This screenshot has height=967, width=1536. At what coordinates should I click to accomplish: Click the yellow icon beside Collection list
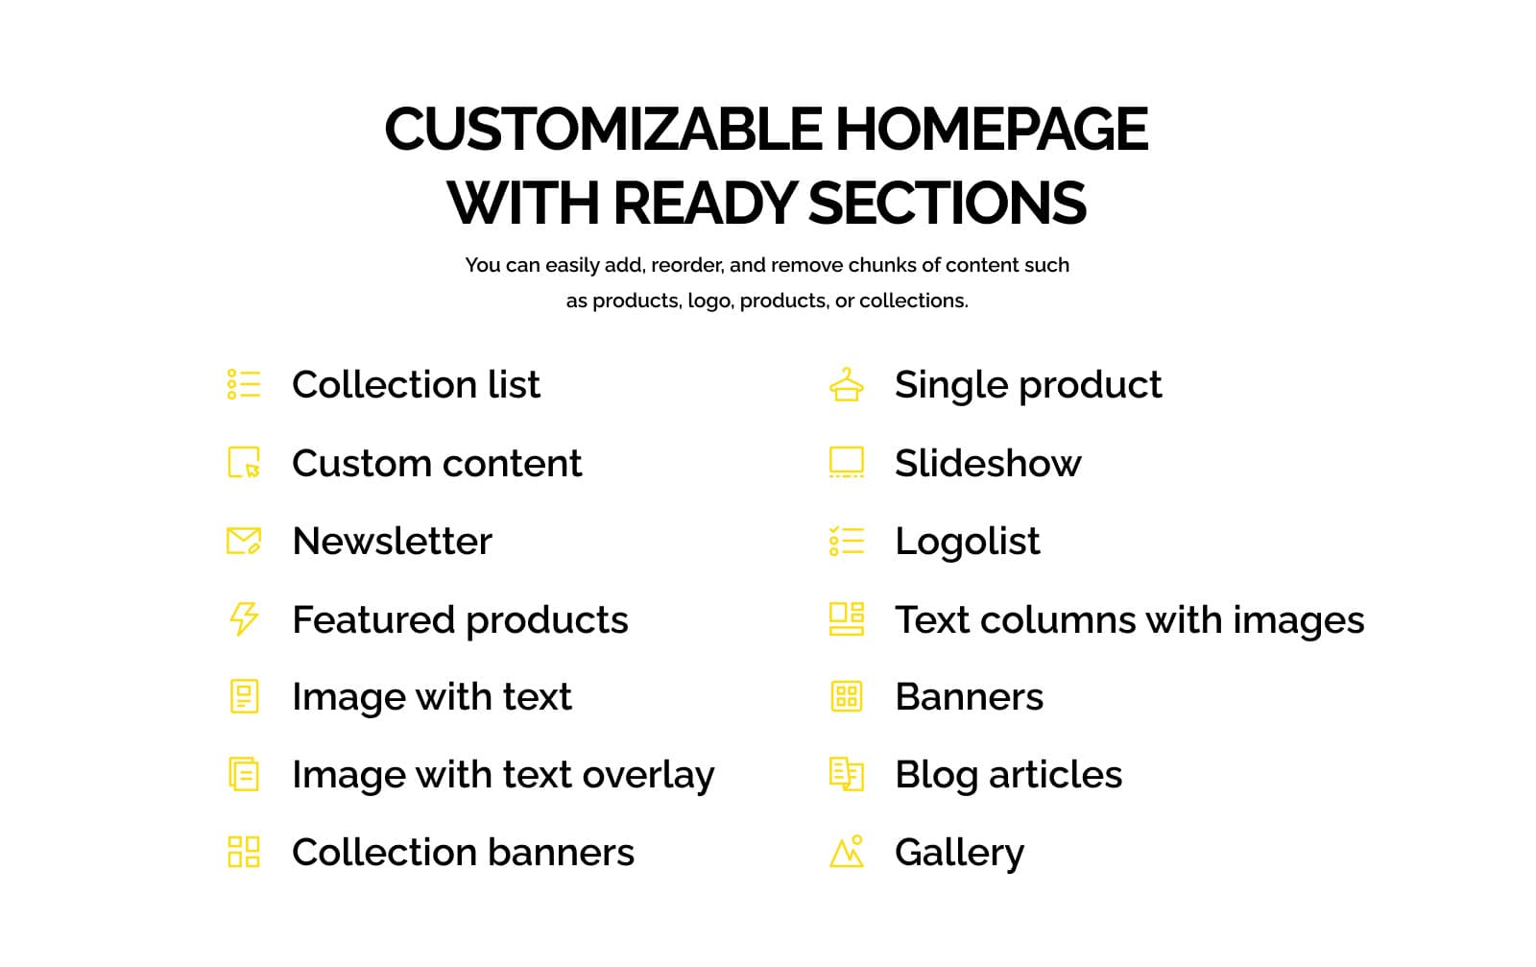click(244, 384)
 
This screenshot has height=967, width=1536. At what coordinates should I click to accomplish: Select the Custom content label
click(437, 463)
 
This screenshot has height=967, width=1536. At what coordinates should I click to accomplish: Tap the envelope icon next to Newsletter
click(244, 541)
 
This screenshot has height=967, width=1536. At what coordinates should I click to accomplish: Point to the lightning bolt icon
click(244, 619)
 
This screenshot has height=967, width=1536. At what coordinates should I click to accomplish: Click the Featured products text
click(460, 619)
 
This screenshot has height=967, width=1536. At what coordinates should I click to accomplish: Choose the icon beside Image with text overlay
click(244, 774)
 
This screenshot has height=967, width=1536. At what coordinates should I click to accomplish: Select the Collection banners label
click(463, 852)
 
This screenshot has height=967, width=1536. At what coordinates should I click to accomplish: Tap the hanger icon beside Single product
click(846, 384)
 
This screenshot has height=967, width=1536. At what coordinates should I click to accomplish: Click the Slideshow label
click(988, 463)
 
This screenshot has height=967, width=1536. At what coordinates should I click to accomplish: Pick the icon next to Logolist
click(846, 541)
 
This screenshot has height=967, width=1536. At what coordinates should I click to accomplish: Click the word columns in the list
click(1057, 619)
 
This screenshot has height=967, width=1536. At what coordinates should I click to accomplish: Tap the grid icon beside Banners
click(846, 696)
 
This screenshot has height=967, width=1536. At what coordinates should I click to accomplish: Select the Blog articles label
click(1008, 774)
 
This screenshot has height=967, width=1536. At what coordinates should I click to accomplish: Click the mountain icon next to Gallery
click(846, 852)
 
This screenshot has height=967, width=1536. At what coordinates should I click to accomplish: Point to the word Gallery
click(959, 852)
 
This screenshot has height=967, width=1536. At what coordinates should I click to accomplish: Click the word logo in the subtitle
click(709, 301)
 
